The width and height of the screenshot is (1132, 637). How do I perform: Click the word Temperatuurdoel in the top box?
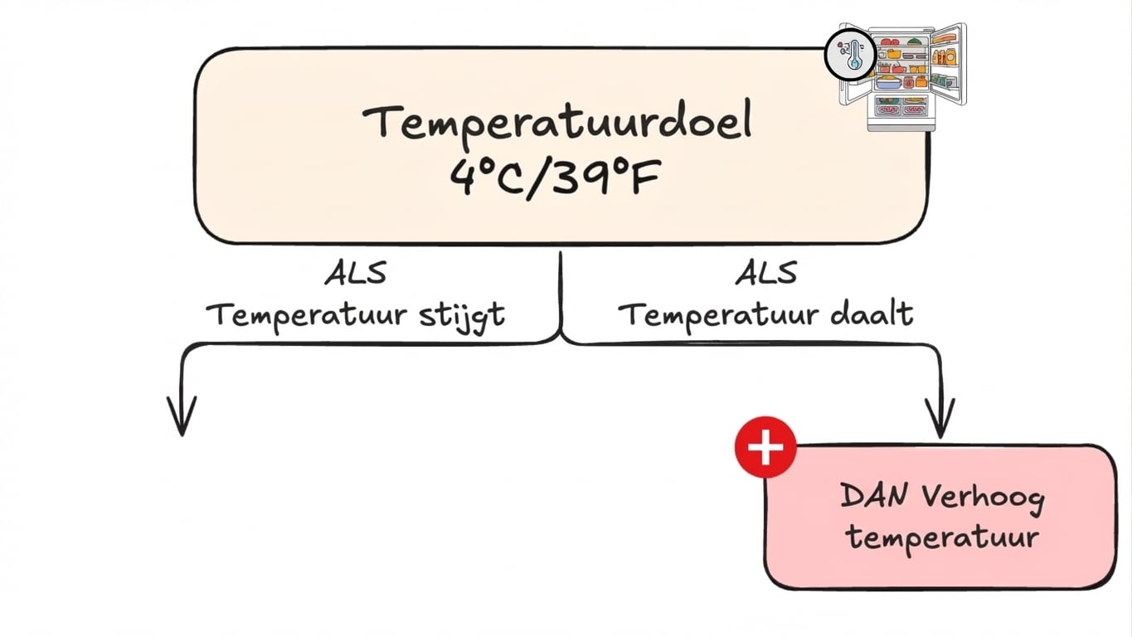(x=556, y=121)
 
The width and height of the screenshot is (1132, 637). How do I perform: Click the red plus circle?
(x=765, y=448)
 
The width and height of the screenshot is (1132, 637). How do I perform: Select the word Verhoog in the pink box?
(x=982, y=498)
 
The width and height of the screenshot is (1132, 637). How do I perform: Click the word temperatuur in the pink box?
(x=941, y=537)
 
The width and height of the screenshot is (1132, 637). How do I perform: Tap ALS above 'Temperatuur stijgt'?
(x=355, y=274)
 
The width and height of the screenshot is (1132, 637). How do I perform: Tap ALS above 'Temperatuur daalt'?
(x=766, y=273)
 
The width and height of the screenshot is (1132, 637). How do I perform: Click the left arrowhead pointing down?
(x=182, y=419)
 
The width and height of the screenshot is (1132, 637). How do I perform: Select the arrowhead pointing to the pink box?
(x=940, y=421)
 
